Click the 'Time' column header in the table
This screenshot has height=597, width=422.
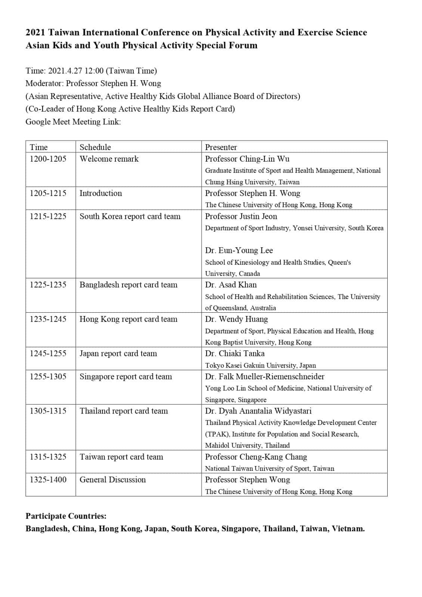[x=39, y=147]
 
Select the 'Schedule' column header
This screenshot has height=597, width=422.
[x=95, y=147]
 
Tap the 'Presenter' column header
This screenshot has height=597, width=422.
[x=221, y=147]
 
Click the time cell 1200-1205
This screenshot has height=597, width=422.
[x=48, y=159]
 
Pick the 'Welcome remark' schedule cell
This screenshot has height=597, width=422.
[x=109, y=159]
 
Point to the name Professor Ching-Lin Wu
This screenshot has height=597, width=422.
[x=247, y=159]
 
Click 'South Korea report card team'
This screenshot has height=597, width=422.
[x=130, y=216]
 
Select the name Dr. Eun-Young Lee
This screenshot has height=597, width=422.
[x=239, y=250]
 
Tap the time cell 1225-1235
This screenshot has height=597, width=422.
[x=48, y=285]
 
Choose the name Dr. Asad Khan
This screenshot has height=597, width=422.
[x=231, y=285]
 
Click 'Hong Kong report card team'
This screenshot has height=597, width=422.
[x=128, y=319]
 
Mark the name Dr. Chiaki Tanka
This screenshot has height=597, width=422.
[x=235, y=353]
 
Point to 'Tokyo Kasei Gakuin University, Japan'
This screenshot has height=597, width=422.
[x=260, y=365]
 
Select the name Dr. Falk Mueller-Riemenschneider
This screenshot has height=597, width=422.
[x=265, y=376]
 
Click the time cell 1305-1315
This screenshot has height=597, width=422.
[x=48, y=411]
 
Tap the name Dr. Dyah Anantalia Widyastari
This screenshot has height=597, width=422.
[x=258, y=411]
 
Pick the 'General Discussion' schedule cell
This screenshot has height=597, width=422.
[x=113, y=479]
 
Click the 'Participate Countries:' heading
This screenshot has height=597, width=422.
[x=66, y=516]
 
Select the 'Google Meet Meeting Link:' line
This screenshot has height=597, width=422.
[x=73, y=122]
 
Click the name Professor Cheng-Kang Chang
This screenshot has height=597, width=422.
[x=256, y=457]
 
